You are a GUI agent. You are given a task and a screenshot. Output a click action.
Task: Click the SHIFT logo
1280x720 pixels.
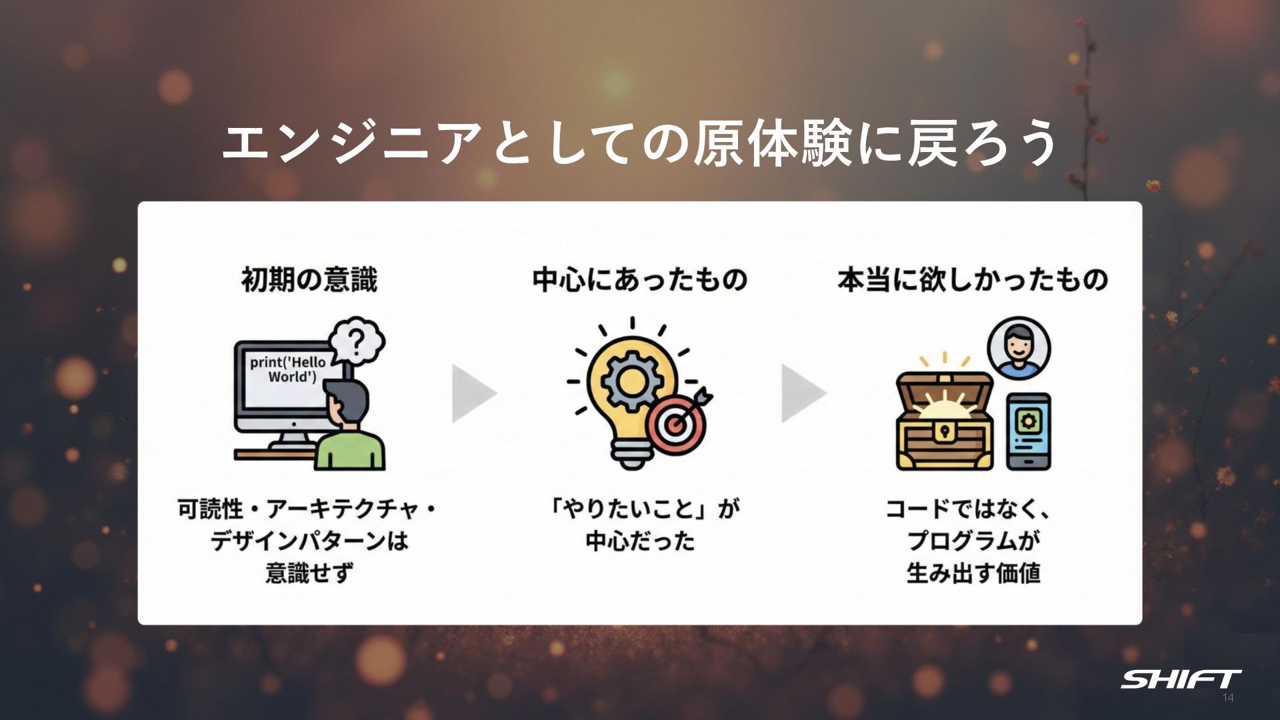[x=1180, y=679]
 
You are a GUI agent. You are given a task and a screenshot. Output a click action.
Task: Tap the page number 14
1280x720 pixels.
[x=1228, y=698]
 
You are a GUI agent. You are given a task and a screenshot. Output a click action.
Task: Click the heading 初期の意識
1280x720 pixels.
[x=309, y=280]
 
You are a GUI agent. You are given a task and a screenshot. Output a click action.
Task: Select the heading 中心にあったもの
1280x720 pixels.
[x=639, y=280]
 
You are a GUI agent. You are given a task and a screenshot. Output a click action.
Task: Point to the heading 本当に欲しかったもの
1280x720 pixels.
[x=973, y=280]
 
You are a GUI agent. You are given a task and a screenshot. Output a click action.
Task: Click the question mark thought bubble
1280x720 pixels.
[x=358, y=341]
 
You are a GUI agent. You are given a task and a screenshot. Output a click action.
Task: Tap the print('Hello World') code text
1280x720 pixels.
[x=288, y=369]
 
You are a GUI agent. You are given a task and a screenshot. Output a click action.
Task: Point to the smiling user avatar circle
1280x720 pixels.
[x=1018, y=349]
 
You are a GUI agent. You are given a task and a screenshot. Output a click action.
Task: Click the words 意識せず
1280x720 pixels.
[x=309, y=573]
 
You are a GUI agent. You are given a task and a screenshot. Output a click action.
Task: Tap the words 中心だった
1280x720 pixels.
[x=640, y=541]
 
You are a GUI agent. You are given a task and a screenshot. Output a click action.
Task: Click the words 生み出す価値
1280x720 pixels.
[x=973, y=573]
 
